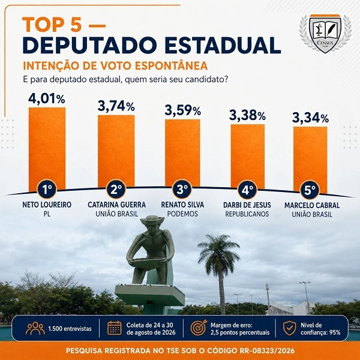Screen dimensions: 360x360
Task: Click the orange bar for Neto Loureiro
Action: (x=47, y=149)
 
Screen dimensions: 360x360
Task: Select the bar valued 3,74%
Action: (x=116, y=151)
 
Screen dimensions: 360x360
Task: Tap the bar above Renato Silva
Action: (x=182, y=152)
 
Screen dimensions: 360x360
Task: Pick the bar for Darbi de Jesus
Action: (x=248, y=157)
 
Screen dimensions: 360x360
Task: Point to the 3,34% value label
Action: (x=310, y=118)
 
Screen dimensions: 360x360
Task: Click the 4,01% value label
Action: (x=47, y=99)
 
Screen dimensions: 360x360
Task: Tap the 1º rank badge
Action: (x=47, y=190)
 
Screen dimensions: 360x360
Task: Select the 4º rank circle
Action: (x=247, y=190)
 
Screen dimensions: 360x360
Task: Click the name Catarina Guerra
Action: (x=116, y=205)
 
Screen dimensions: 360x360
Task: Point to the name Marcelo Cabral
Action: (x=312, y=205)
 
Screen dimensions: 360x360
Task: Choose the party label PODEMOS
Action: (x=182, y=214)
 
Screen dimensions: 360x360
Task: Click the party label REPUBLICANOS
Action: (x=247, y=214)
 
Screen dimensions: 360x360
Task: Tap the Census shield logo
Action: (x=325, y=34)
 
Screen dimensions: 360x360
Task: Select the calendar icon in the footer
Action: (x=115, y=328)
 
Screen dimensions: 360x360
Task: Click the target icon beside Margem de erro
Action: (x=199, y=328)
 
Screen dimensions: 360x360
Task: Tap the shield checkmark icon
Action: (x=290, y=328)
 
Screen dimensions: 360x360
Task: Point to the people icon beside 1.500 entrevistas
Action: (x=35, y=328)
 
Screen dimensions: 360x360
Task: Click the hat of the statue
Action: (x=152, y=220)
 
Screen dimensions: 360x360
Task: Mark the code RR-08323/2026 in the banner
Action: (x=267, y=350)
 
